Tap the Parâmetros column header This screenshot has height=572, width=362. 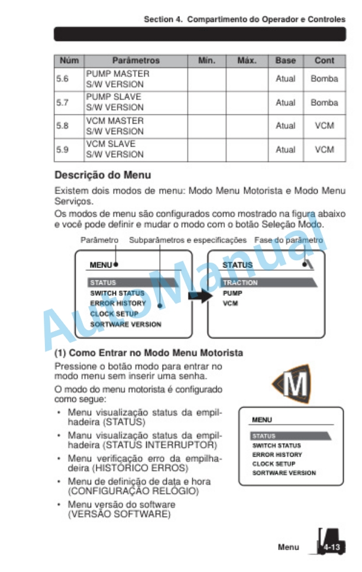[x=135, y=60]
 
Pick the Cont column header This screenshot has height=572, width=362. [x=324, y=60]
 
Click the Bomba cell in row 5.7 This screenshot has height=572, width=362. [x=324, y=102]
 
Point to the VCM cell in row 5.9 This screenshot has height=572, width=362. [x=324, y=150]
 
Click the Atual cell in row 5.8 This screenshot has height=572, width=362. [x=285, y=126]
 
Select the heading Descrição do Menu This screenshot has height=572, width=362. [x=102, y=175]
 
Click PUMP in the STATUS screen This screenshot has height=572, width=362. [x=232, y=293]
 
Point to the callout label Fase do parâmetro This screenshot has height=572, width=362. [x=289, y=241]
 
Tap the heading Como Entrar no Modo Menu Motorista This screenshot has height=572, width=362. [x=148, y=353]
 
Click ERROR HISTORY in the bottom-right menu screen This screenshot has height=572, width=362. [x=277, y=455]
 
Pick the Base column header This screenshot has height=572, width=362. [x=285, y=60]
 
